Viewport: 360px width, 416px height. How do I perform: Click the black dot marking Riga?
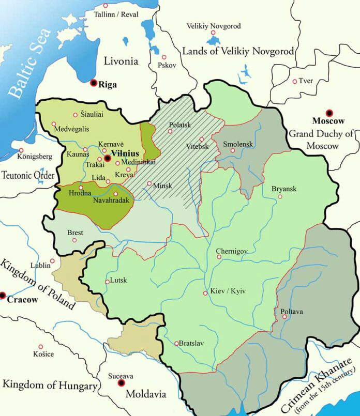tap(94, 83)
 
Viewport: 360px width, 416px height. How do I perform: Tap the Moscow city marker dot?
tap(328, 113)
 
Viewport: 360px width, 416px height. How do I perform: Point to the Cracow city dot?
tap(3, 296)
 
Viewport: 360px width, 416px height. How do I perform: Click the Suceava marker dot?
tap(122, 383)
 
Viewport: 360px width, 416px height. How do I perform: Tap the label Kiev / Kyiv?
tap(228, 291)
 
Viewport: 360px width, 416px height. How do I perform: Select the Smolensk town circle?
tap(233, 150)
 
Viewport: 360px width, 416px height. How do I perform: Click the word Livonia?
tap(121, 61)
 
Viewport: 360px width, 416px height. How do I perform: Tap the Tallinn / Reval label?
tap(116, 14)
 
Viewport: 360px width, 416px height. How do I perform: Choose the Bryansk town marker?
tap(280, 196)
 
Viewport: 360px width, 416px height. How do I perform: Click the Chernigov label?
tap(232, 251)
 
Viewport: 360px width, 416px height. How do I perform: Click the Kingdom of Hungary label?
tap(50, 386)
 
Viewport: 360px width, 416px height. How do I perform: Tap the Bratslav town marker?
tap(177, 343)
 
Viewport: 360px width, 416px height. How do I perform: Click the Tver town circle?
tap(295, 81)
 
